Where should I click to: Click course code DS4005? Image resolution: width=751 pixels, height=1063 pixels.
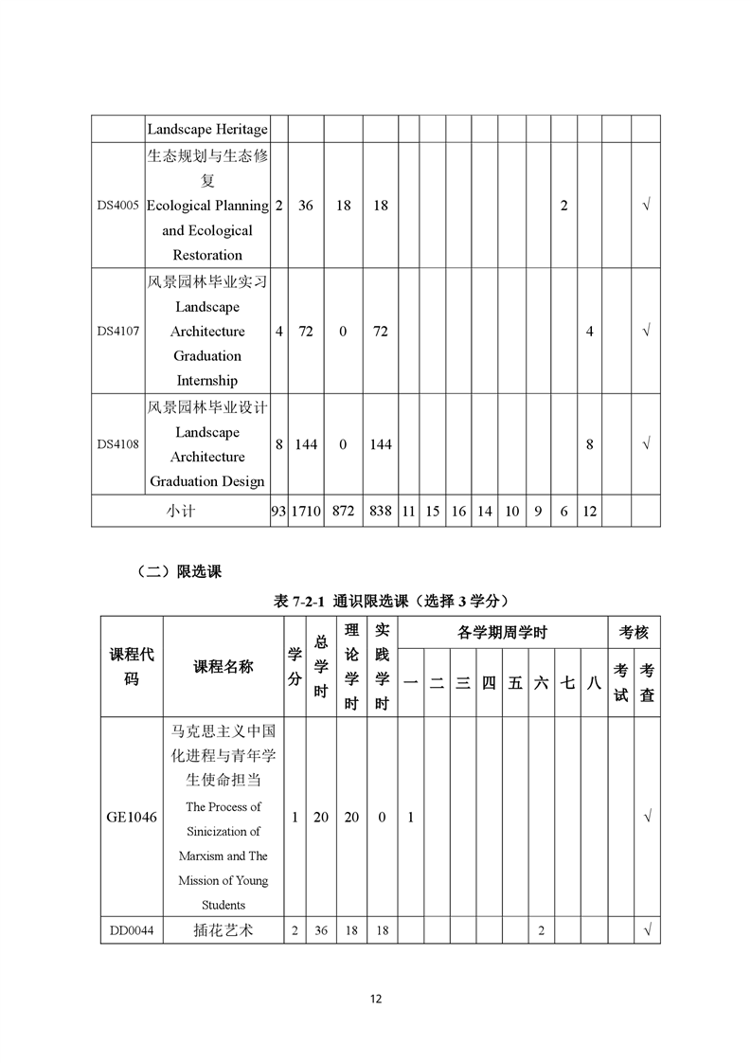coord(118,206)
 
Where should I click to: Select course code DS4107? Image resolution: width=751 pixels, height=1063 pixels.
coord(118,332)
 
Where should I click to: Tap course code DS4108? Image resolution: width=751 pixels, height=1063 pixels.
coord(118,444)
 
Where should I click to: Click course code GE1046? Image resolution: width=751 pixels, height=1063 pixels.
coord(133,817)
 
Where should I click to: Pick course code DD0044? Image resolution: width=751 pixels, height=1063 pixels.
coord(132,930)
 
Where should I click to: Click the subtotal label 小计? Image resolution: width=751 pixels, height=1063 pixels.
coord(181,511)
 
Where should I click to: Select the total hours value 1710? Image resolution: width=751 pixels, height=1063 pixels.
coord(306,511)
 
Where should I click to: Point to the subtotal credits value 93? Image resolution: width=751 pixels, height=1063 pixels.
coord(278,511)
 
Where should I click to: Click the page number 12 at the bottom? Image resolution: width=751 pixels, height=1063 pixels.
coord(376,999)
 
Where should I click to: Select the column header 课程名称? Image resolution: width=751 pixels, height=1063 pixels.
coord(224,667)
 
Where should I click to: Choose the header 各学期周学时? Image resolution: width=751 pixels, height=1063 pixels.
coord(502,632)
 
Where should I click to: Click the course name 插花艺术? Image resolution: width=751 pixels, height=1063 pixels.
coord(224,930)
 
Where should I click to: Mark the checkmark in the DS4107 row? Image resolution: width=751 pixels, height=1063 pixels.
coord(646,332)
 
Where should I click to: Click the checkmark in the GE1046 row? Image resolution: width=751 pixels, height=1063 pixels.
coord(647,817)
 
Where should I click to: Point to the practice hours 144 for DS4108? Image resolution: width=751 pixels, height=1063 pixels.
coord(380,444)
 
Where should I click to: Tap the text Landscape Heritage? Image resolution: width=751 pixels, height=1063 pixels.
coord(207,129)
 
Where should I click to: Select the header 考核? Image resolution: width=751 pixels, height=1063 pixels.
coord(634,632)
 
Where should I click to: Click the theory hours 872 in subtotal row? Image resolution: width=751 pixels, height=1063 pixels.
coord(343,511)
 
